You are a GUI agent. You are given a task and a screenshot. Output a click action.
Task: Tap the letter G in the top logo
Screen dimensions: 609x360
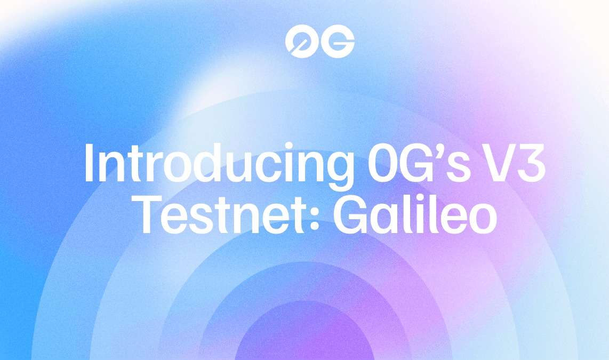(338, 41)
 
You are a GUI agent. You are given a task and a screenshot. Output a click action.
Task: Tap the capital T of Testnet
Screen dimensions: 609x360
(155, 215)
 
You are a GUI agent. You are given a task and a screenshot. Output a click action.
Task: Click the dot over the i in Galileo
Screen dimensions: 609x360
(415, 199)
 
